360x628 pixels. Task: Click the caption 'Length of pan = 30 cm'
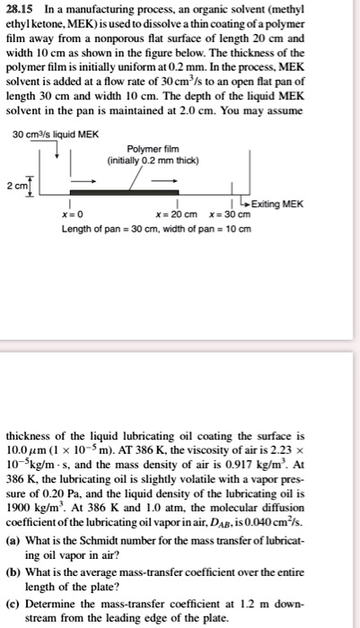coord(103,229)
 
